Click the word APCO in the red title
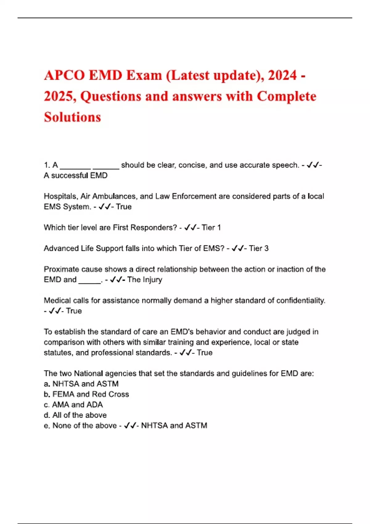click(x=64, y=76)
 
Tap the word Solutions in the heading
click(x=72, y=117)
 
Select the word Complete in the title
click(x=286, y=96)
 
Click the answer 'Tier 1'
click(x=211, y=228)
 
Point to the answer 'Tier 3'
click(x=259, y=248)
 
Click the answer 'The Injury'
click(x=145, y=280)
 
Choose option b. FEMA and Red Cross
click(x=86, y=394)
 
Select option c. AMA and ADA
click(x=73, y=405)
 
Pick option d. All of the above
click(x=75, y=415)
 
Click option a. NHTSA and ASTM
click(x=81, y=384)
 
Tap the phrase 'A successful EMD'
click(x=76, y=176)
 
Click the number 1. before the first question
click(x=47, y=165)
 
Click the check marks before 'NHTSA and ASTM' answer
click(x=130, y=426)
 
